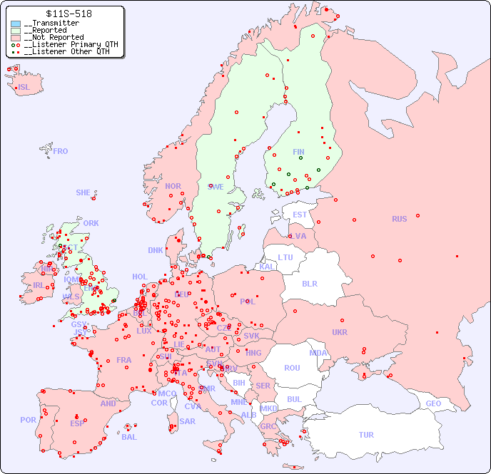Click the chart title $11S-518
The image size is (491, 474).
[69, 14]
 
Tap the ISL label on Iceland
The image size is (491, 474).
[24, 88]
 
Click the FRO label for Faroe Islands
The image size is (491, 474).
[61, 151]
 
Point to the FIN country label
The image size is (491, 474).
[298, 152]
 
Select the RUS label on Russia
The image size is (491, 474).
[399, 219]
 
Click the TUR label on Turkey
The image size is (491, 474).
[366, 435]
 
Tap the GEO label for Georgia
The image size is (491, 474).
[433, 403]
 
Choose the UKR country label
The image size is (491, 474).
[340, 332]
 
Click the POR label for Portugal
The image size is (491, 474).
[28, 420]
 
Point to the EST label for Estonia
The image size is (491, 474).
[300, 215]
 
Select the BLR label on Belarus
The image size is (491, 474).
[310, 283]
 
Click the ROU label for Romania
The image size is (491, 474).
[292, 368]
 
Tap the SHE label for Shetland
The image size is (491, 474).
[83, 192]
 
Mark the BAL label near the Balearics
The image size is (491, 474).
[129, 437]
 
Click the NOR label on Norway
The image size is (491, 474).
[173, 186]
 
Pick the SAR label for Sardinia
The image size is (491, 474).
[188, 421]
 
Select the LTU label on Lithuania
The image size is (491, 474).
[285, 257]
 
